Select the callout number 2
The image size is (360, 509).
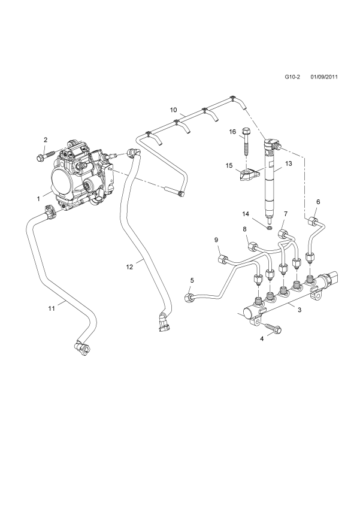coord(45,140)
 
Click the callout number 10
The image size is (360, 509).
coord(173,110)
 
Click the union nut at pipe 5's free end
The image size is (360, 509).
coord(189,296)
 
